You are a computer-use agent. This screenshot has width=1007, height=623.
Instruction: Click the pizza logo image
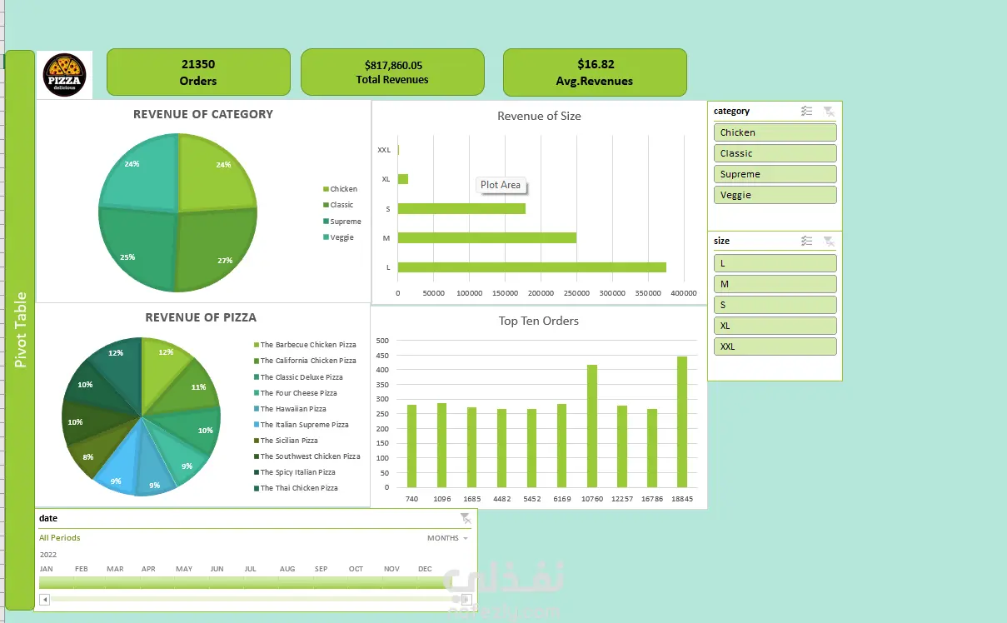pos(64,75)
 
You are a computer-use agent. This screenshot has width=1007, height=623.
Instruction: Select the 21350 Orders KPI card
pos(198,72)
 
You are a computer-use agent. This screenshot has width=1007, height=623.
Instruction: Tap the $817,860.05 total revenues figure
pos(393,65)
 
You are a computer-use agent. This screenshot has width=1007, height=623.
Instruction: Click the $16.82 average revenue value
pos(596,64)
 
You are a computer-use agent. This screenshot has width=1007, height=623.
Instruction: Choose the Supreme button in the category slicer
pos(775,174)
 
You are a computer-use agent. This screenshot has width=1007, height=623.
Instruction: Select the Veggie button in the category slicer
pos(775,195)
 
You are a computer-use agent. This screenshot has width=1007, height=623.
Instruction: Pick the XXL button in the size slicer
pos(775,346)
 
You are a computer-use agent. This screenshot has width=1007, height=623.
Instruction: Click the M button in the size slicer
pos(775,284)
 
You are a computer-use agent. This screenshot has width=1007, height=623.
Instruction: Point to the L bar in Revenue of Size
pos(532,267)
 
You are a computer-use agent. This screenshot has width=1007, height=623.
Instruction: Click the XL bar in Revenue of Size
pos(403,179)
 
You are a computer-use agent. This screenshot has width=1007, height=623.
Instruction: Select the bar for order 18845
pos(682,421)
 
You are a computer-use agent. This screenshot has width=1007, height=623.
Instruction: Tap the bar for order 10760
pos(592,426)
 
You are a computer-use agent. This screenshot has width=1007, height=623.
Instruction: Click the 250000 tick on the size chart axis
pos(576,293)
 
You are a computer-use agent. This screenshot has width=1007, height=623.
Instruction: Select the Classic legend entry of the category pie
pos(338,205)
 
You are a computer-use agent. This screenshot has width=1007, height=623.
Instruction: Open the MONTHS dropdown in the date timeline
pos(448,538)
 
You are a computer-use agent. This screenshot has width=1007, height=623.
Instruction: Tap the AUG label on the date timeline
pos(287,569)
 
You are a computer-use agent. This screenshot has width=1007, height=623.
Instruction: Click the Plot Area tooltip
pos(501,185)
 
